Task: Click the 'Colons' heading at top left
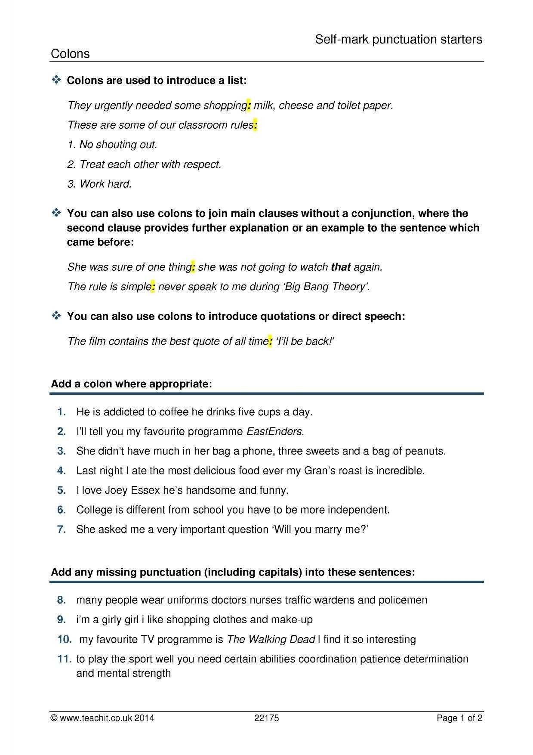pos(70,54)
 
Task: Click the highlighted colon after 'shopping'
pos(249,105)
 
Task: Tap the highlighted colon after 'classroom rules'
pos(255,125)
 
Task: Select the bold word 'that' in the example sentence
pos(341,267)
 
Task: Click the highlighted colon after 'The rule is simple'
pos(153,287)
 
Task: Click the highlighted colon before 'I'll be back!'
pos(270,341)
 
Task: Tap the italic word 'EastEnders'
pos(274,431)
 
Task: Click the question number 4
pos(62,470)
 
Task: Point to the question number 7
pos(62,529)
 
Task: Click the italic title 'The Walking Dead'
pos(271,639)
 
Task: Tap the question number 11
pos(64,659)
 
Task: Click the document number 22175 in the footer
pos(267,718)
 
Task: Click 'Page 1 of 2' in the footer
pos(459,718)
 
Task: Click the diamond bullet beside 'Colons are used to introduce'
pos(56,80)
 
